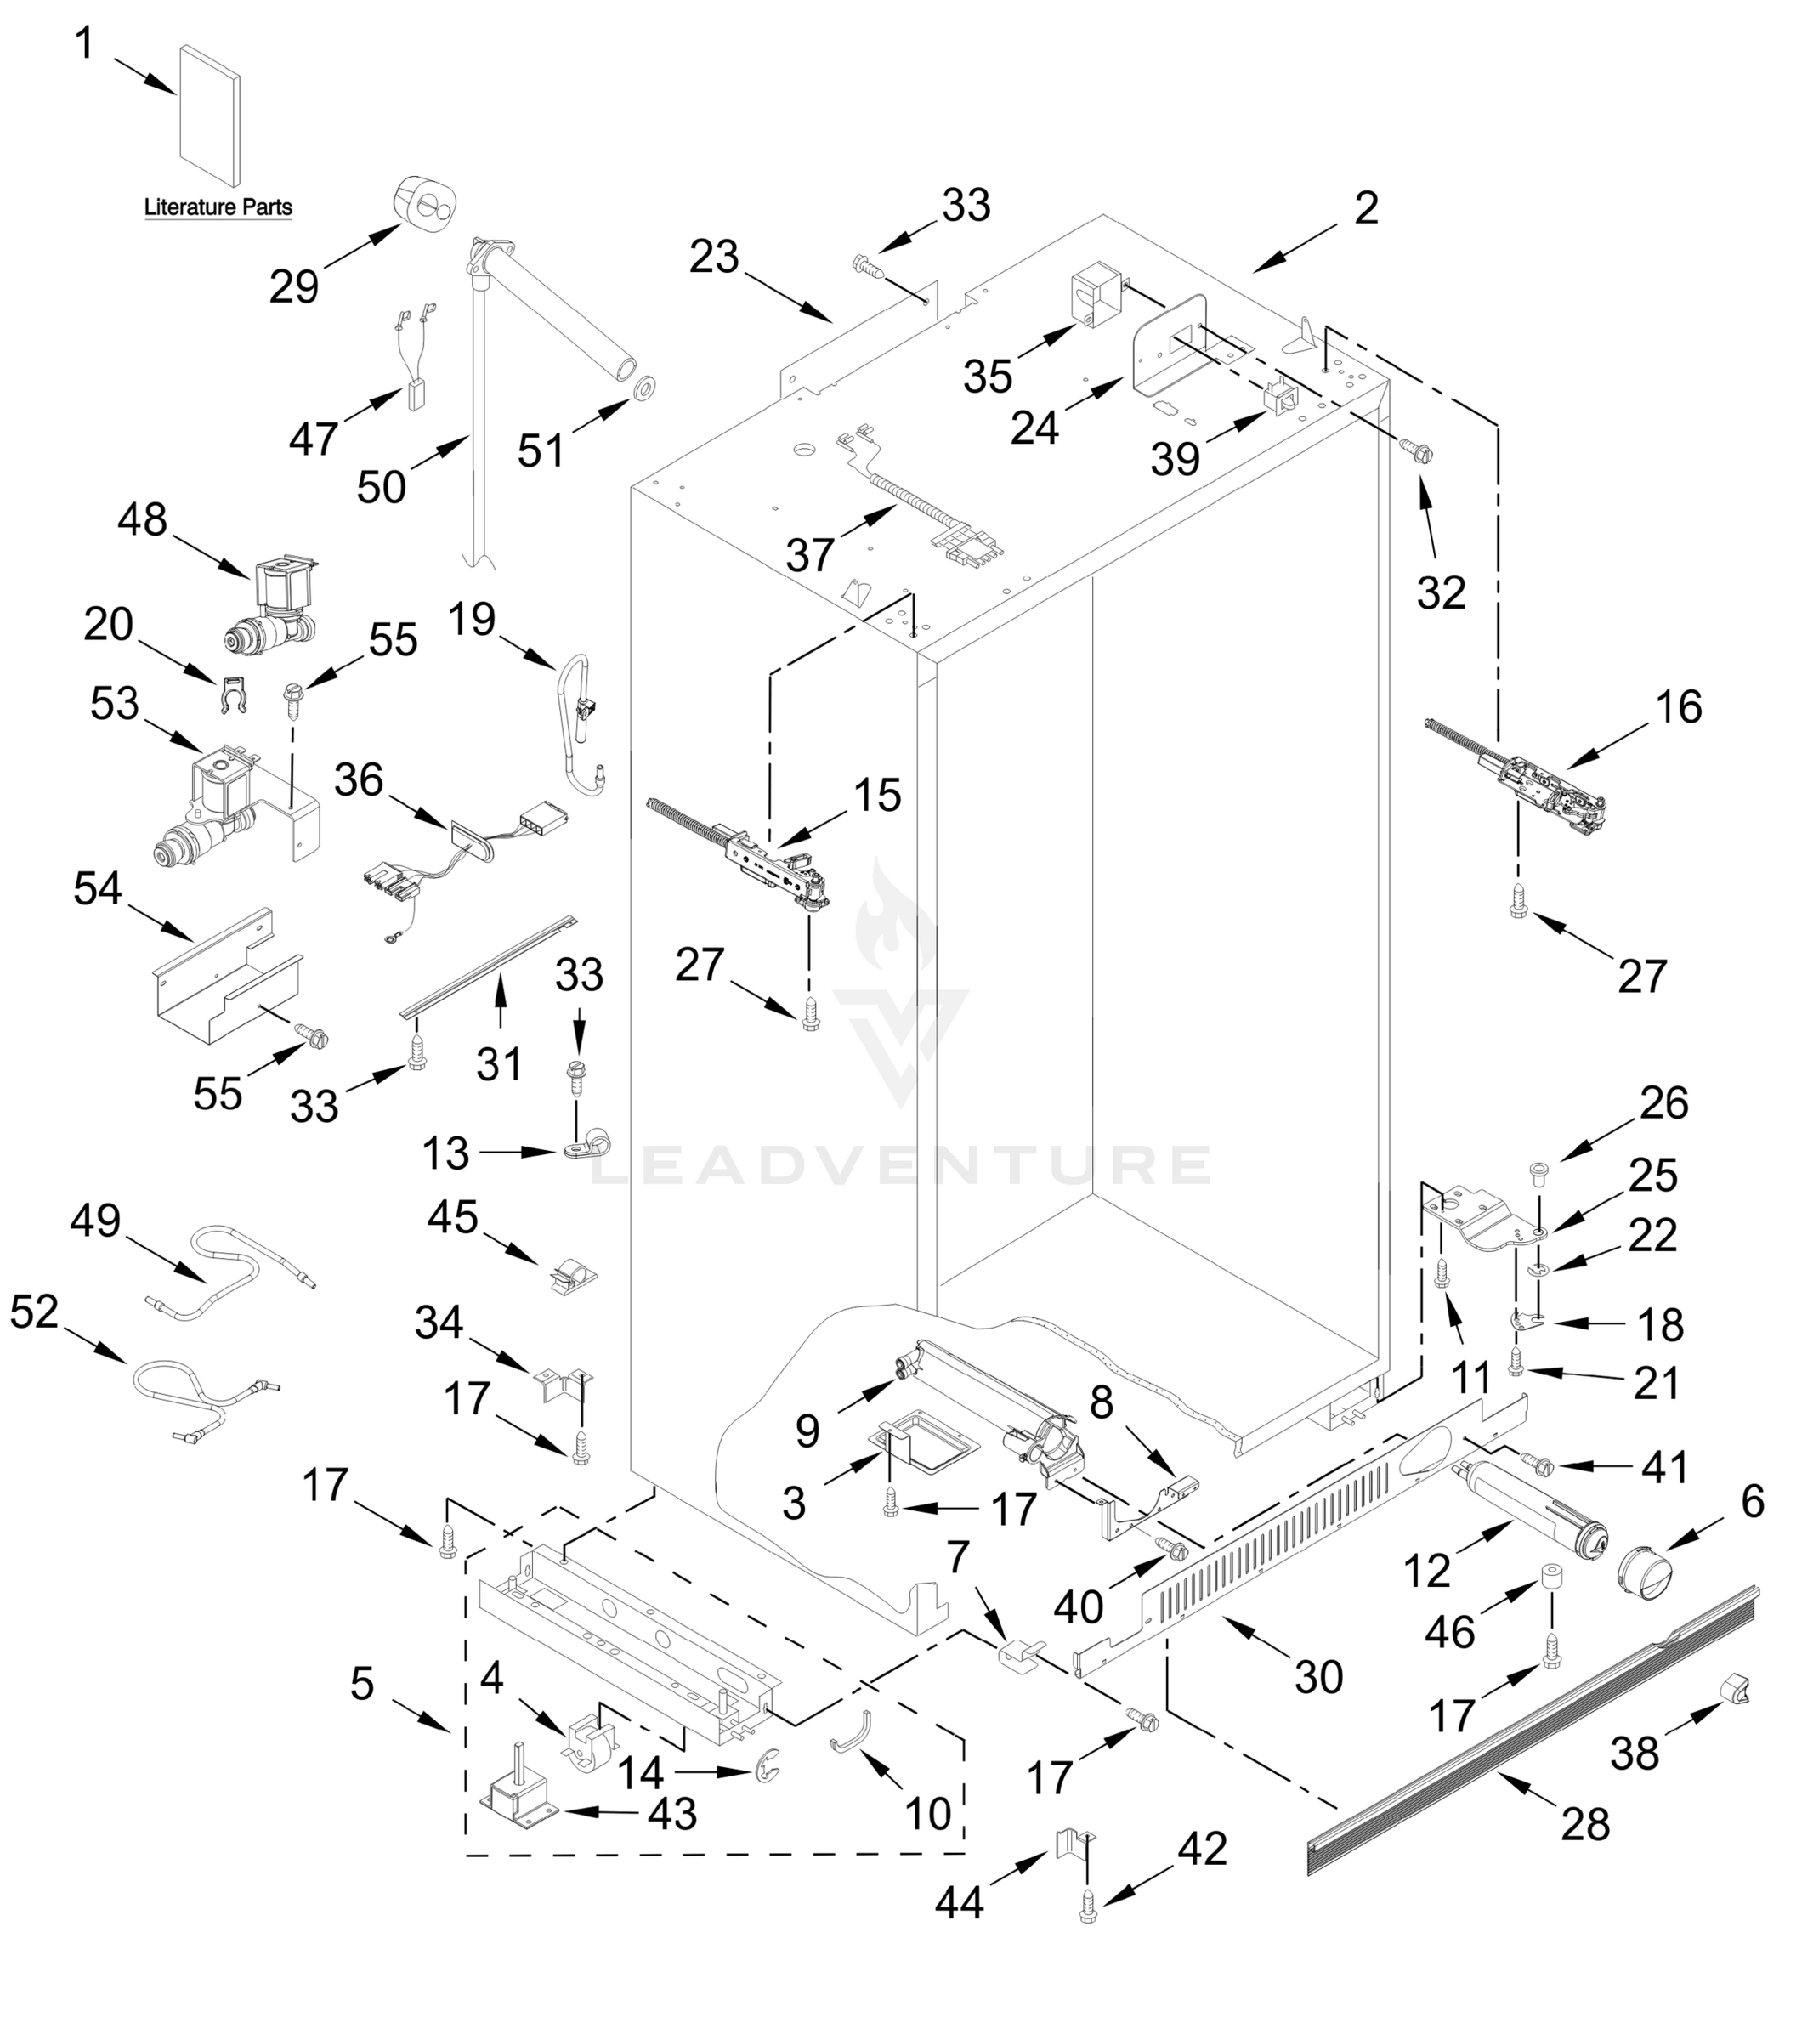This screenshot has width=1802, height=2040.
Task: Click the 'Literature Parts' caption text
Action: pyautogui.click(x=218, y=207)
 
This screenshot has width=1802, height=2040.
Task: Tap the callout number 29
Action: pyautogui.click(x=293, y=286)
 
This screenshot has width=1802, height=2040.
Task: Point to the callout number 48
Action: pyautogui.click(x=142, y=520)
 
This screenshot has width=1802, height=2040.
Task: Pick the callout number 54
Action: pyautogui.click(x=97, y=888)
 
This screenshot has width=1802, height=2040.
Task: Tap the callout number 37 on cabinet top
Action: pyautogui.click(x=809, y=555)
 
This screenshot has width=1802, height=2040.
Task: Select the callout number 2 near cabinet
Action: pyautogui.click(x=1366, y=207)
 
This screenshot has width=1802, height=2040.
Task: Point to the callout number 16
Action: pyautogui.click(x=1678, y=706)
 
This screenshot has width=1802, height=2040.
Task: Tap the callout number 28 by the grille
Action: pyautogui.click(x=1585, y=1824)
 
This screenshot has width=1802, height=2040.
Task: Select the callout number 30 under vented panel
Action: pyautogui.click(x=1318, y=1678)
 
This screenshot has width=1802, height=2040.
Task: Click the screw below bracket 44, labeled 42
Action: pyautogui.click(x=1088, y=1909)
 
